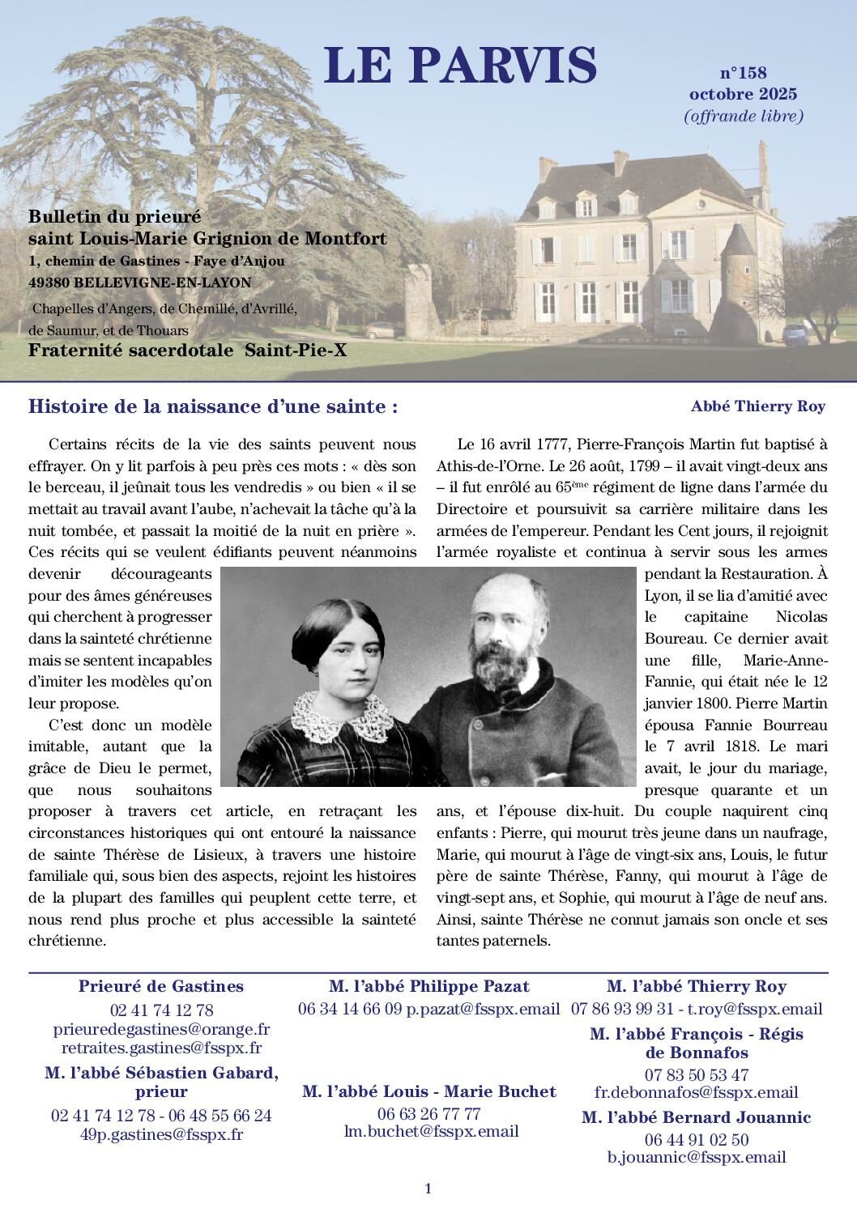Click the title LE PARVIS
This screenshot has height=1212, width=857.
tap(460, 66)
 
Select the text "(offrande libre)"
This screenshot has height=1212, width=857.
tap(744, 116)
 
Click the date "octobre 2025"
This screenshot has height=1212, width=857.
tap(743, 95)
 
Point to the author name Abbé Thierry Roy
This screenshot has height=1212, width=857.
tap(757, 406)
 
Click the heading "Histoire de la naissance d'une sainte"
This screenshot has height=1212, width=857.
tap(213, 406)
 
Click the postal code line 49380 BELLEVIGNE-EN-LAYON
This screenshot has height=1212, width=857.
tap(139, 283)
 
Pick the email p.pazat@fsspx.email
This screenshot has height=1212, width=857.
tap(483, 1010)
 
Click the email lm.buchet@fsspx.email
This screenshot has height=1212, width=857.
tap(431, 1131)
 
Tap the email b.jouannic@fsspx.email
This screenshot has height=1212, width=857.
tap(697, 1157)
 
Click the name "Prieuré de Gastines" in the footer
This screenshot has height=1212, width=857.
tap(161, 986)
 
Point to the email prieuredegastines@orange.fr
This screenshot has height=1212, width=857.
tap(161, 1029)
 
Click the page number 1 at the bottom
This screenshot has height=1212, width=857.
tap(428, 1189)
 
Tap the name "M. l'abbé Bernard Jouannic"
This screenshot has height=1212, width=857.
tap(696, 1117)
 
